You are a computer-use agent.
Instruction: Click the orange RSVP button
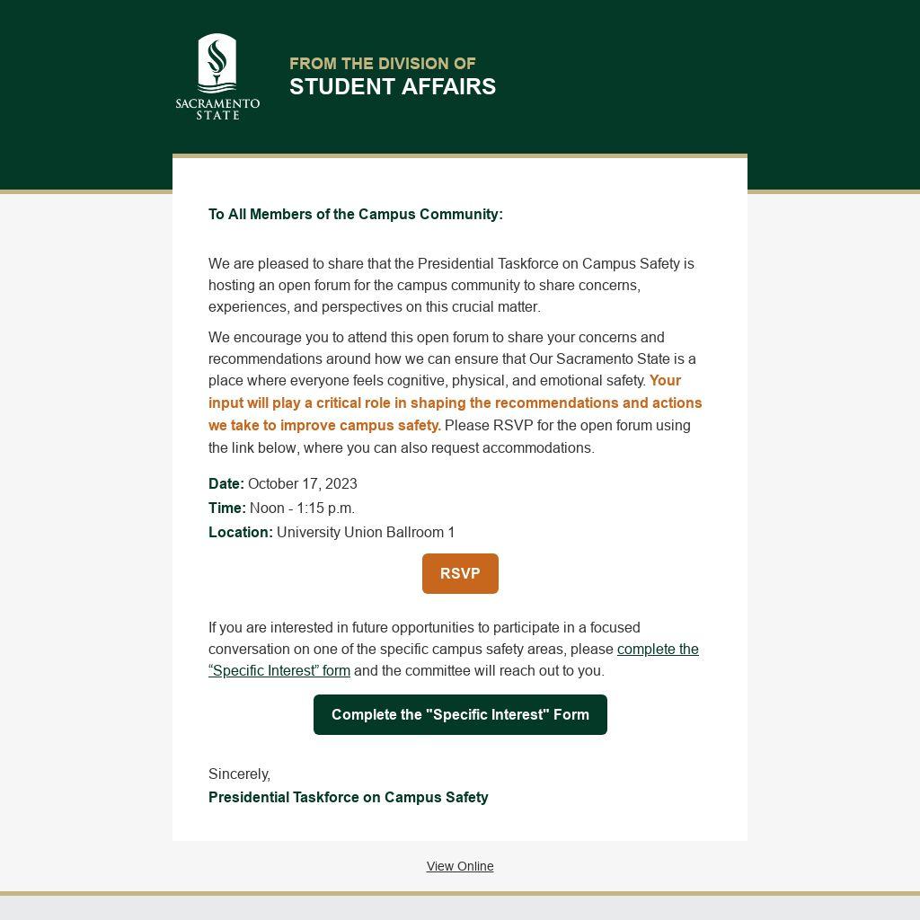460,573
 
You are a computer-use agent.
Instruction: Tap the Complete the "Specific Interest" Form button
460,714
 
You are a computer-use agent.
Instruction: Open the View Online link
460,866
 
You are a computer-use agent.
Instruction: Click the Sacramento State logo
217,77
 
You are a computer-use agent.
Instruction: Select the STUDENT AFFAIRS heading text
393,86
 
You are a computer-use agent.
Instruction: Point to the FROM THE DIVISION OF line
382,63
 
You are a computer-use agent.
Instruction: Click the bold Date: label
226,483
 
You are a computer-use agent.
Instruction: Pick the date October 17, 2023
303,483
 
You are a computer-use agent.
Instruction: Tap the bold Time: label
227,508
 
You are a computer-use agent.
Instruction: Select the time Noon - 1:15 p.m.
302,508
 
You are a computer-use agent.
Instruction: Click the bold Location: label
241,532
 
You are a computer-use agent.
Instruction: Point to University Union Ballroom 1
366,532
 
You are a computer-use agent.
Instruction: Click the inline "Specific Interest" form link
279,670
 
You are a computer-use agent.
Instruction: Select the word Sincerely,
239,774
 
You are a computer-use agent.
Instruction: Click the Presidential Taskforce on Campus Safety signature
349,797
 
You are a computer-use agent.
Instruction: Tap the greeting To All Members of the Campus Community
356,214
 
